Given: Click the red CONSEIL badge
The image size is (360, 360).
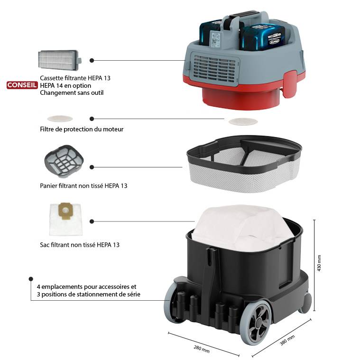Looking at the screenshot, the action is (x=22, y=85).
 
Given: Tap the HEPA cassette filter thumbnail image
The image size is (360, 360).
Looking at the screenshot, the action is (x=60, y=60).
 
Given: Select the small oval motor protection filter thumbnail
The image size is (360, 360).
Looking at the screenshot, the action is (x=60, y=119).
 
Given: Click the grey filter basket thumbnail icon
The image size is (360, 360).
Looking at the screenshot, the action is (x=64, y=161).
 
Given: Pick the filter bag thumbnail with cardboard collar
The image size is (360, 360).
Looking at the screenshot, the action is (x=66, y=219).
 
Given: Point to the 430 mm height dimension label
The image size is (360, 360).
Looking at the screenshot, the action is (x=319, y=263).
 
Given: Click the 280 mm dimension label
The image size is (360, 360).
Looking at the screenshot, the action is (x=202, y=349).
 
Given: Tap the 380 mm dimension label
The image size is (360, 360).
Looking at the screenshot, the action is (x=287, y=340).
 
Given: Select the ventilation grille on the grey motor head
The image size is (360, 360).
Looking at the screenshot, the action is (x=215, y=69).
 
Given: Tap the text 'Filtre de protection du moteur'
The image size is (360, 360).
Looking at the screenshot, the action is (x=82, y=129).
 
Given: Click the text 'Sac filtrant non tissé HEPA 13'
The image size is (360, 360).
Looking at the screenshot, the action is (x=80, y=245).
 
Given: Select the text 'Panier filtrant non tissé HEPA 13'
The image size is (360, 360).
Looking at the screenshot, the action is (x=83, y=186).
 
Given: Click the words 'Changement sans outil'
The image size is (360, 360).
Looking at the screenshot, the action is (x=72, y=93).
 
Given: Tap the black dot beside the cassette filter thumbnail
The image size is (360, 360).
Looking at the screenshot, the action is (x=92, y=60).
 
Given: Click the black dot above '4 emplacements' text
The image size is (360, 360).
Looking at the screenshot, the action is (x=31, y=279).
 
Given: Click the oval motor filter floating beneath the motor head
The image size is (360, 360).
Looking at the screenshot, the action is (x=243, y=121).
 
